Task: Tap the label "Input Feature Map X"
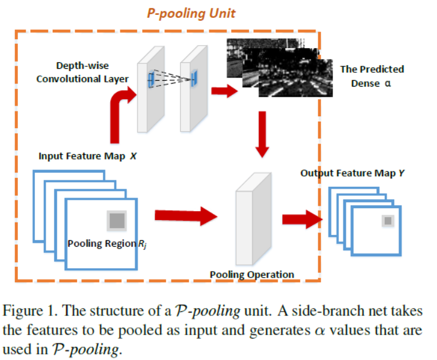(87, 157)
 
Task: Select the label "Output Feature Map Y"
(352, 173)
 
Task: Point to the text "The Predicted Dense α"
(371, 76)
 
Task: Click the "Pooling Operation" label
(252, 275)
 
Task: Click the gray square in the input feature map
(116, 221)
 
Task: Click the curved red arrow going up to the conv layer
(119, 110)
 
